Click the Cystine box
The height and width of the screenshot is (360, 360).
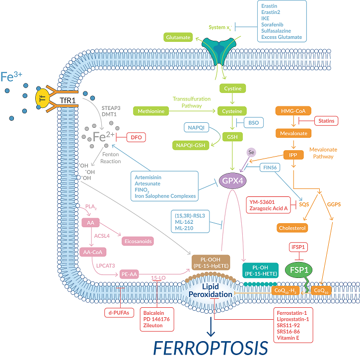(x=233, y=89)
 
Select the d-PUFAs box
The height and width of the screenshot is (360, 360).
(x=119, y=312)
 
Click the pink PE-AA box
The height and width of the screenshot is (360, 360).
(x=130, y=274)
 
